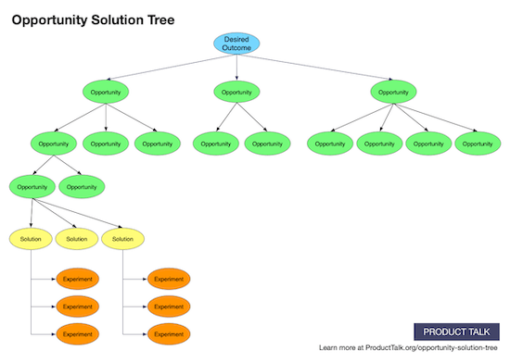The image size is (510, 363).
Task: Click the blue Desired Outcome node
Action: pos(236,44)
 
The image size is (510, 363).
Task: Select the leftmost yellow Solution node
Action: pos(31,239)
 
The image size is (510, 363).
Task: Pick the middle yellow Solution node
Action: pos(77,239)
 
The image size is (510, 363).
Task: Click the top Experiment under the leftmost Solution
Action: pos(77,279)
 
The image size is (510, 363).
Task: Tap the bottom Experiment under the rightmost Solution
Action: pos(168,332)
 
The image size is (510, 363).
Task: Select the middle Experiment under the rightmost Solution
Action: pos(168,306)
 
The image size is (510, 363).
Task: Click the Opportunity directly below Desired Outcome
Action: pos(236,92)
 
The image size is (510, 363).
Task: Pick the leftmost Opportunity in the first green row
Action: pos(106,92)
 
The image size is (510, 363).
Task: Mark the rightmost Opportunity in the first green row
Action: pos(394,92)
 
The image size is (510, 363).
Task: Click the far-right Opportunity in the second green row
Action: pos(478,144)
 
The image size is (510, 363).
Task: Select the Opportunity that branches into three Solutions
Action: pos(31,186)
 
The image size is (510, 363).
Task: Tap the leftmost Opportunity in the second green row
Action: pos(54,144)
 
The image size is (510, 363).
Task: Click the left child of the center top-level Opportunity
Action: pos(216,144)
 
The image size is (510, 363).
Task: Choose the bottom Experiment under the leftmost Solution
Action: pos(77,332)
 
